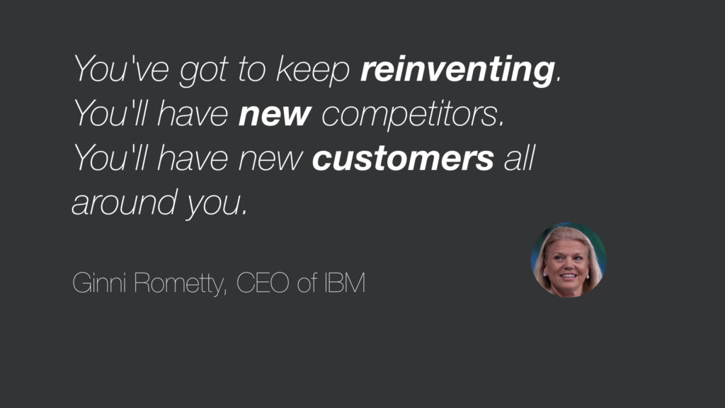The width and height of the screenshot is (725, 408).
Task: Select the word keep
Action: point(312,71)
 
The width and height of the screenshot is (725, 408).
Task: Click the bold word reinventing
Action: point(457,70)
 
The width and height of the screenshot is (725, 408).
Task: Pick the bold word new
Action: point(275,115)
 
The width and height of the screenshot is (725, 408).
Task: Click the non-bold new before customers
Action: point(270,159)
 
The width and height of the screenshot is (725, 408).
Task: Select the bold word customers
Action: point(403,159)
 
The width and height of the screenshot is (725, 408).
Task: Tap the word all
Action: point(519,158)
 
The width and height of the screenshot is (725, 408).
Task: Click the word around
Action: point(125,202)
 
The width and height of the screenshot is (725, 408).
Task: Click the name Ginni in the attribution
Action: point(99,282)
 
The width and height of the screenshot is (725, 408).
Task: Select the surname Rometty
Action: point(178,283)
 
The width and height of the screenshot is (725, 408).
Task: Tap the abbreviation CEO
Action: point(263,283)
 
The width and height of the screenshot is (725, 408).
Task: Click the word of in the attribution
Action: point(307,283)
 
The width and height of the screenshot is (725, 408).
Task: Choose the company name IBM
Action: point(345,283)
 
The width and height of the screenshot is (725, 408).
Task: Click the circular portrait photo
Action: point(569,259)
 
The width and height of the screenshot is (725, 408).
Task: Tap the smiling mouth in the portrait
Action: point(569,276)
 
